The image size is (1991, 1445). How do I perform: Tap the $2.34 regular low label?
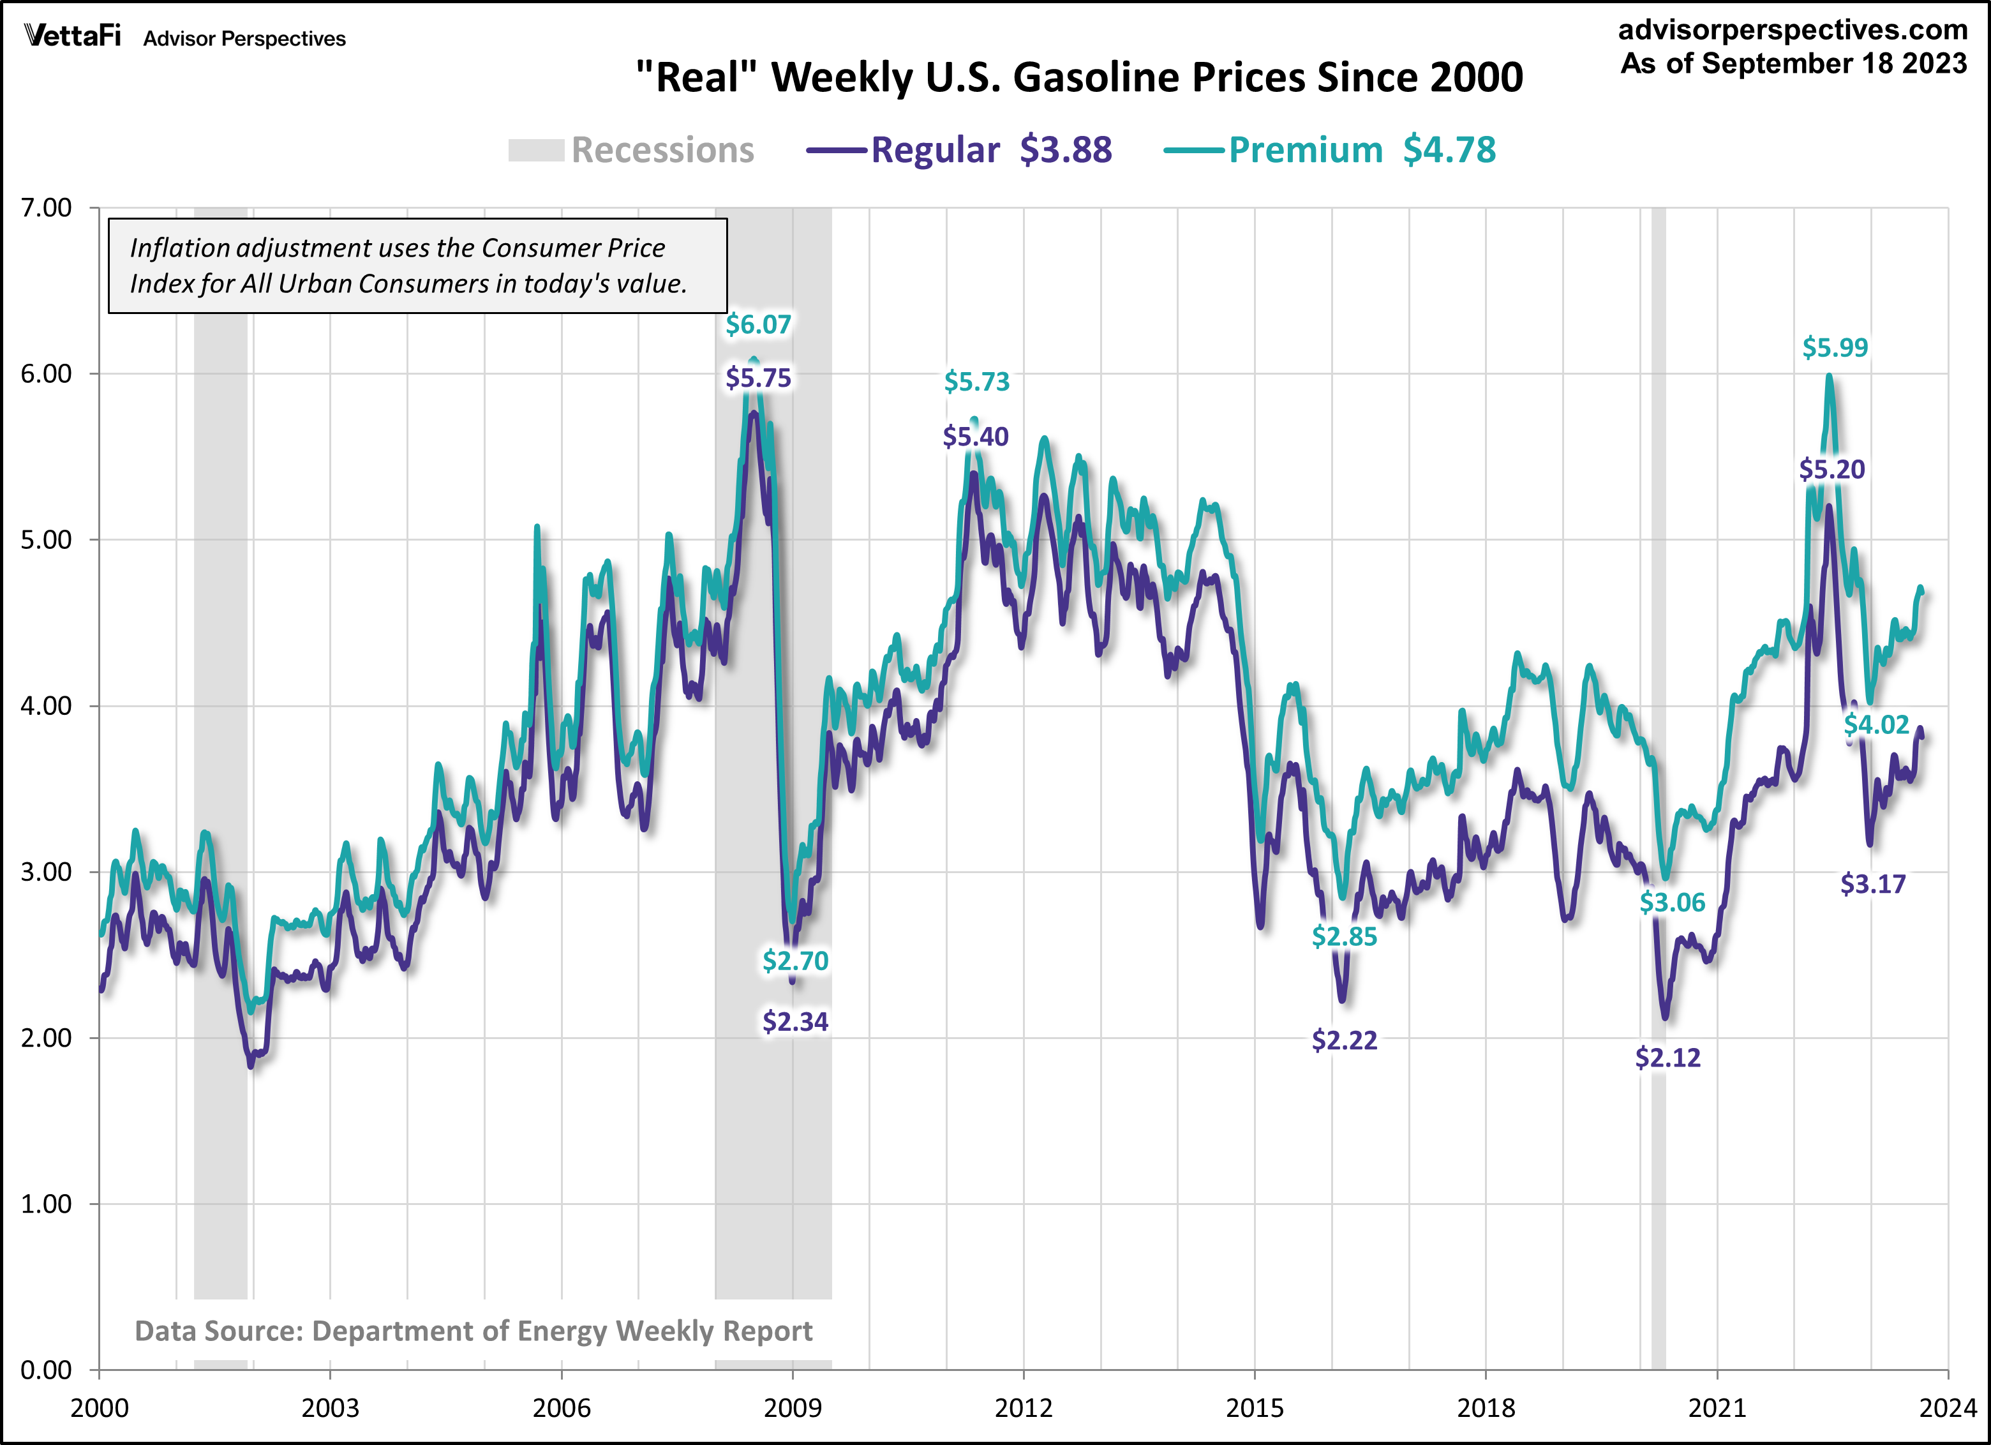coord(795,1022)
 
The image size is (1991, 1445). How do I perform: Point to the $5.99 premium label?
coord(1835,348)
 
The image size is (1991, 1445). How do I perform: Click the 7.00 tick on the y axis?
coord(46,208)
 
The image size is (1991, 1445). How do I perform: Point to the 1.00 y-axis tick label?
coord(46,1204)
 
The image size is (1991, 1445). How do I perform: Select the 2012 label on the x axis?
coord(1024,1408)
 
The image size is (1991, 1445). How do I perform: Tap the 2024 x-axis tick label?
coord(1947,1408)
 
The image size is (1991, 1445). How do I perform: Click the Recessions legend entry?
coord(631,150)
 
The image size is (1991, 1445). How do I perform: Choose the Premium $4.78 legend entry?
coord(1330,150)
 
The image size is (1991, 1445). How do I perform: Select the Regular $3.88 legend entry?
coord(960,150)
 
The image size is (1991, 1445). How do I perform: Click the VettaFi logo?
coord(72,37)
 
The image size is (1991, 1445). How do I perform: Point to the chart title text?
coord(1079,77)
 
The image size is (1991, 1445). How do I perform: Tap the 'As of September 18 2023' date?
coord(1793,64)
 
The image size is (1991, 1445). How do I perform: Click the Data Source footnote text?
coord(473,1331)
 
